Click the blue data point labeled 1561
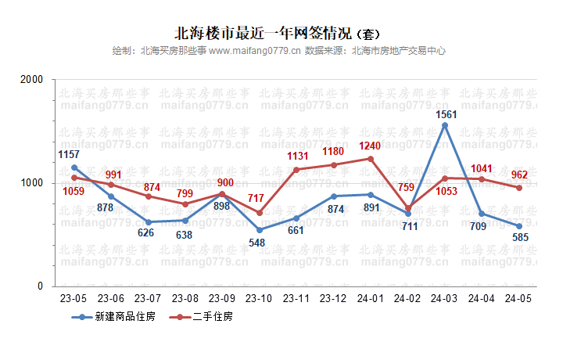pyautogui.click(x=445, y=125)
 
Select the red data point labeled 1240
pyautogui.click(x=371, y=159)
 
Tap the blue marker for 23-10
pyautogui.click(x=260, y=230)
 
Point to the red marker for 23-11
pyautogui.click(x=296, y=170)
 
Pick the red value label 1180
pyautogui.click(x=334, y=151)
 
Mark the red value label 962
pyautogui.click(x=520, y=175)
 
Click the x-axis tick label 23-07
pyautogui.click(x=148, y=298)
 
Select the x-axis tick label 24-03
pyautogui.click(x=445, y=298)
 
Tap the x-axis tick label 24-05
pyautogui.click(x=519, y=298)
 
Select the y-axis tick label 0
pyautogui.click(x=41, y=286)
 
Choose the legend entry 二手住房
pyautogui.click(x=212, y=317)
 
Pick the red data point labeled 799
pyautogui.click(x=185, y=204)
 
